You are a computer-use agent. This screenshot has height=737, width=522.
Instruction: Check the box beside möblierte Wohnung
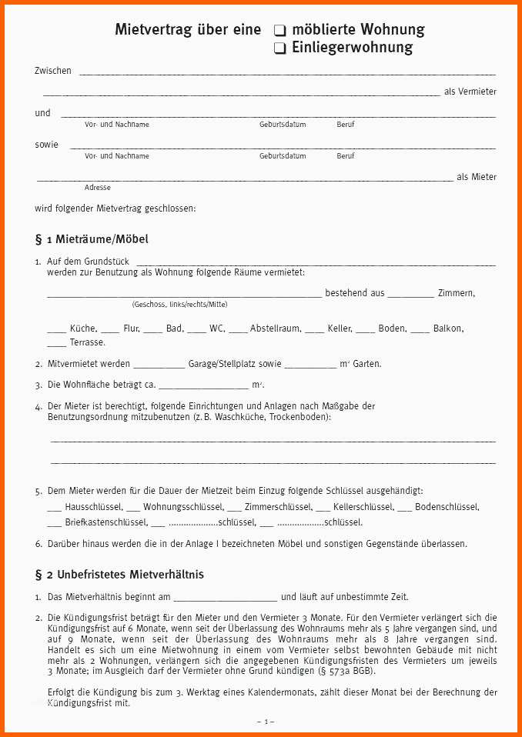point(280,31)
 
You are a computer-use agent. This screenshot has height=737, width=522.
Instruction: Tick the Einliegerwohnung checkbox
point(280,48)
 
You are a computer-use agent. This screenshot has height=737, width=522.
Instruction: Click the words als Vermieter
point(470,92)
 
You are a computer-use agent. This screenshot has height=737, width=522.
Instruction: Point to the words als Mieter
point(477,177)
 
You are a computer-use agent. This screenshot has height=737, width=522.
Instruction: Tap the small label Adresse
point(98,188)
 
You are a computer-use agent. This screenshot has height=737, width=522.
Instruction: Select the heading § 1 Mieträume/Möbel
point(92,239)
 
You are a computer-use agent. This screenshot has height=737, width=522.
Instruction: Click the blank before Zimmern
point(410,294)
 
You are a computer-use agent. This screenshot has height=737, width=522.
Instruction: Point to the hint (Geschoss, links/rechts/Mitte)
point(179,305)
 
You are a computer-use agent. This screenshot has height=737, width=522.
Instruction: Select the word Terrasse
point(87,342)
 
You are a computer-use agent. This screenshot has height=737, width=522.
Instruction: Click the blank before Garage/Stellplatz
point(159,365)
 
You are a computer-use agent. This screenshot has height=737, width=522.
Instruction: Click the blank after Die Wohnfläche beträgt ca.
point(202,385)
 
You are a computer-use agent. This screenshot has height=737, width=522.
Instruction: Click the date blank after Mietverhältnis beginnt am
point(225,597)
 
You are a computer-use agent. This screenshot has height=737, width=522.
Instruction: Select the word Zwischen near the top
point(53,71)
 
